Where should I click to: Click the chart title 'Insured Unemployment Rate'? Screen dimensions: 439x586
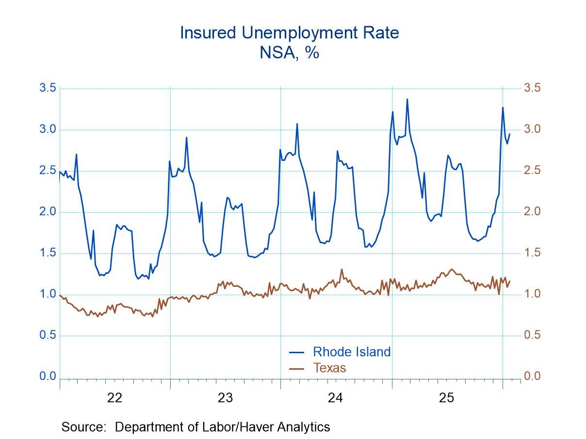click(x=289, y=33)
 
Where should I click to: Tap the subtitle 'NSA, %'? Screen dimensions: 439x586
click(x=289, y=52)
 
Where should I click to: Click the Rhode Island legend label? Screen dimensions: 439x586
click(x=351, y=351)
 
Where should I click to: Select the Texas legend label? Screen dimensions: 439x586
click(x=329, y=368)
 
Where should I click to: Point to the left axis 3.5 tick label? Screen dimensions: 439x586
click(x=48, y=88)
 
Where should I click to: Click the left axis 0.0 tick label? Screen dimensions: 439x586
click(x=48, y=376)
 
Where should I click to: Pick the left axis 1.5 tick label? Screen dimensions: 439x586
click(x=48, y=253)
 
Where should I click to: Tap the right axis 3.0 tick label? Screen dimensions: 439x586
click(x=532, y=129)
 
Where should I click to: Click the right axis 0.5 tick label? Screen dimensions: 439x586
click(x=532, y=335)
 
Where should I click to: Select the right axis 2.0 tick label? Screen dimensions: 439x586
click(x=532, y=212)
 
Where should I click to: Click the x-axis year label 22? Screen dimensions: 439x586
click(x=114, y=398)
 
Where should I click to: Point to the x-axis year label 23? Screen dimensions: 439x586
click(x=225, y=398)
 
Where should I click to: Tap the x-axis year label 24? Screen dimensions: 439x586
click(x=336, y=398)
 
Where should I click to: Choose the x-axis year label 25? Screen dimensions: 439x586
click(x=446, y=398)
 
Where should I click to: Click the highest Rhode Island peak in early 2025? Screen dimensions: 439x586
click(x=407, y=99)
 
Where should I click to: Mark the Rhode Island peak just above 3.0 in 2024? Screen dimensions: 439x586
click(x=297, y=124)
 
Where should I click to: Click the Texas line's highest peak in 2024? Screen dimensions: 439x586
click(x=342, y=269)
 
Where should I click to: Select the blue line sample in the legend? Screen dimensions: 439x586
click(x=296, y=352)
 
